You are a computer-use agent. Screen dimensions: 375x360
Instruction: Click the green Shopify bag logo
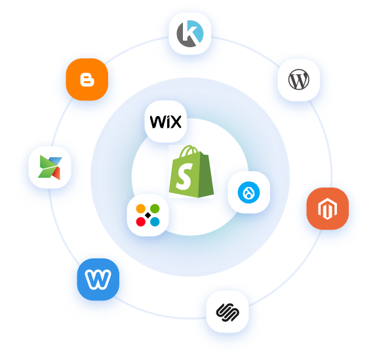point(191,172)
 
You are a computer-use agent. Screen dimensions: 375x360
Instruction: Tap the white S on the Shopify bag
point(184,176)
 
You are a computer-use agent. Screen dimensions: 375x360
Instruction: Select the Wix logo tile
point(166,121)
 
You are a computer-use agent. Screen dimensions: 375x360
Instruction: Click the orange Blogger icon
point(87,79)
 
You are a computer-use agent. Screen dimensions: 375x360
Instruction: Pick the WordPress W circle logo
point(299,79)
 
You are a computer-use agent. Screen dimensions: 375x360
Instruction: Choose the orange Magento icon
point(328,209)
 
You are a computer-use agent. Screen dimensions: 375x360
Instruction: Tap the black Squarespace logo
point(227,312)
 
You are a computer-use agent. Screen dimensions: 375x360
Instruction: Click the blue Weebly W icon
point(98,279)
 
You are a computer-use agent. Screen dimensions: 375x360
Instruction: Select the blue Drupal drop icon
point(249,193)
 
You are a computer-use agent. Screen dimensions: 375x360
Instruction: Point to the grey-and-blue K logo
point(190,33)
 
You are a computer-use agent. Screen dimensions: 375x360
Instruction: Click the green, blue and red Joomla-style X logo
point(50,167)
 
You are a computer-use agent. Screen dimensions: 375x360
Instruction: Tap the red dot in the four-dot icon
point(140,222)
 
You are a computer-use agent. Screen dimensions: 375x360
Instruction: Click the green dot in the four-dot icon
point(155,209)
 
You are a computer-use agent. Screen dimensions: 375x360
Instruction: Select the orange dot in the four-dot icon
point(140,209)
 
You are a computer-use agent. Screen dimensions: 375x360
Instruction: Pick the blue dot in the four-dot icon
point(155,222)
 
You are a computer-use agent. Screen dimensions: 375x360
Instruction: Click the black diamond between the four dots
point(148,215)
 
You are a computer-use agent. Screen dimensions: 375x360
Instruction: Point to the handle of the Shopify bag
point(189,151)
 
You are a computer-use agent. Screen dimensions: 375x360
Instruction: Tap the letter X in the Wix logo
point(175,122)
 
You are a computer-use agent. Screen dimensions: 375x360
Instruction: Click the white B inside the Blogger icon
point(87,79)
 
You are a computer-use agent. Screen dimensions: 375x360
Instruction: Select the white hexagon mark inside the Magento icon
point(328,209)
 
